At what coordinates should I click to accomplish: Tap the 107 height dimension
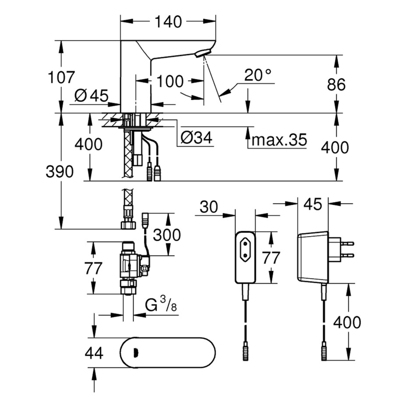click(61, 77)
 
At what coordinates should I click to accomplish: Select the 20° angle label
click(258, 75)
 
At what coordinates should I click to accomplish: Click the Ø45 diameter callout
click(91, 95)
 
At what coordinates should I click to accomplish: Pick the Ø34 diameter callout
click(196, 138)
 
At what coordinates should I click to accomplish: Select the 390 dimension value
click(60, 172)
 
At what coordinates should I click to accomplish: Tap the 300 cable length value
click(167, 235)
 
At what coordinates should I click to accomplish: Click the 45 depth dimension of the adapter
click(312, 203)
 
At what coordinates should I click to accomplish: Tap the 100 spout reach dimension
click(170, 81)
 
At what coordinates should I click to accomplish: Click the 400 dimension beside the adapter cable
click(347, 323)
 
